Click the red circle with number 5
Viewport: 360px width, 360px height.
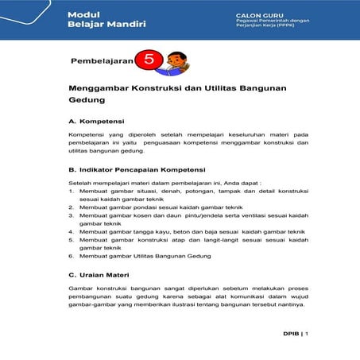pos(149,60)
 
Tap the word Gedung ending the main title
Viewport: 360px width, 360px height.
pos(87,102)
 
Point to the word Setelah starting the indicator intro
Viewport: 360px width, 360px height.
pos(81,183)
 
